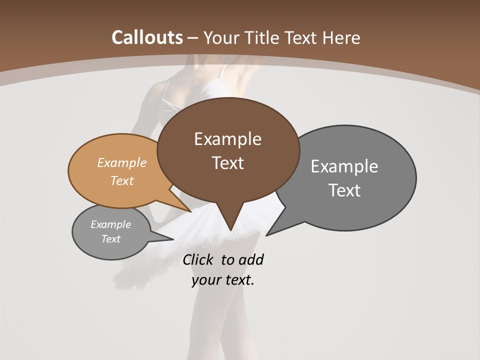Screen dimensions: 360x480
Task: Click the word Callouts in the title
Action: click(x=147, y=37)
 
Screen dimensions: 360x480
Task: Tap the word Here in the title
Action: click(x=341, y=37)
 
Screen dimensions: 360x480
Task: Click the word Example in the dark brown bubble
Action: click(x=227, y=139)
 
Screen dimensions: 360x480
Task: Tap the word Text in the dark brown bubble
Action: click(x=228, y=163)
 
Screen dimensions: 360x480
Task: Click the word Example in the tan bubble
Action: click(x=122, y=162)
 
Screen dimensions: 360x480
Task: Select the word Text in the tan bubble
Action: click(x=122, y=180)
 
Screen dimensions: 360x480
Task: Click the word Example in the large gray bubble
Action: click(x=344, y=166)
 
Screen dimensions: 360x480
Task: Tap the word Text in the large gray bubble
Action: click(x=344, y=190)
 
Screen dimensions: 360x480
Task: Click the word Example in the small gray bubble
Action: click(x=110, y=224)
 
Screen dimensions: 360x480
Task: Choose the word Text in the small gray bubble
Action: click(x=111, y=239)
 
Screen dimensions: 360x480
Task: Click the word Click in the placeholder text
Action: click(x=199, y=260)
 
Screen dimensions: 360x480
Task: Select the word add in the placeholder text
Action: click(x=250, y=260)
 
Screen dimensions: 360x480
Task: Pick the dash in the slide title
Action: click(x=193, y=38)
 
